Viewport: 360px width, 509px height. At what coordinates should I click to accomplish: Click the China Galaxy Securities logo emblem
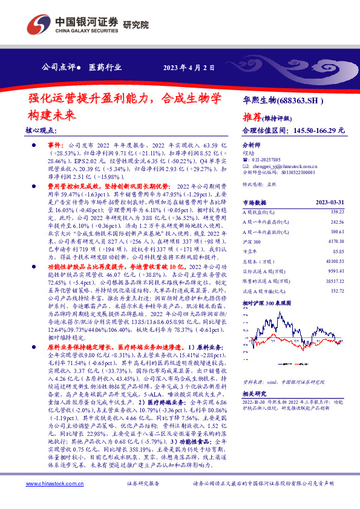point(38,25)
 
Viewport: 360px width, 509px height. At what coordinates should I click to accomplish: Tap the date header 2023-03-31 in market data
point(330,202)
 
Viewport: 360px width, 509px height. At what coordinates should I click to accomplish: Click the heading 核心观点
point(41,131)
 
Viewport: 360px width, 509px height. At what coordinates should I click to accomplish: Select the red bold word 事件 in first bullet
point(54,146)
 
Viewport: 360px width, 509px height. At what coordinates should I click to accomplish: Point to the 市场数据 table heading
point(254,202)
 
